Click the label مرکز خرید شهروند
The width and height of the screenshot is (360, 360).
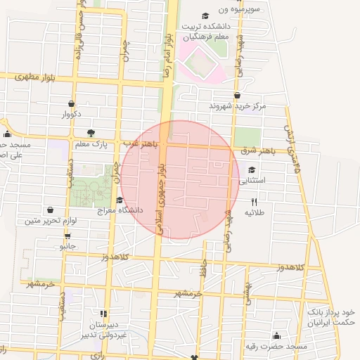[237, 106]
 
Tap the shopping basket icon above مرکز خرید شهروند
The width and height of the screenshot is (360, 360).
[237, 96]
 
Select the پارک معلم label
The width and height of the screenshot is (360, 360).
[90, 144]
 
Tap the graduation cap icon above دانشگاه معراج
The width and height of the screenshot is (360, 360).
[119, 200]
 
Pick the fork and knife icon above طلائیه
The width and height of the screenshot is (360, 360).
[254, 202]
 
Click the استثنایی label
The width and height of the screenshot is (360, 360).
[252, 181]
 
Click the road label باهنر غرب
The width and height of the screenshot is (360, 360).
[140, 143]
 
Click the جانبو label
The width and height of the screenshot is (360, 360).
[67, 246]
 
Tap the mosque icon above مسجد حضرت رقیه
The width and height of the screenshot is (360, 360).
[276, 335]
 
